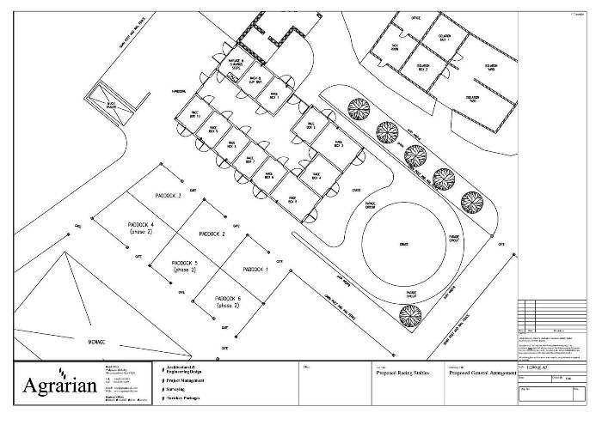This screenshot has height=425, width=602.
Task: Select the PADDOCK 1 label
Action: click(255, 269)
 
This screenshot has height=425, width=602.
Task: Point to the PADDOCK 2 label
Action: click(212, 234)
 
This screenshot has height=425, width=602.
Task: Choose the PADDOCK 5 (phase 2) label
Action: click(184, 265)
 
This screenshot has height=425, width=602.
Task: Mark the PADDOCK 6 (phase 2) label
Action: click(227, 301)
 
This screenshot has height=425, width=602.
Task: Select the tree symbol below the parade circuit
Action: click(403, 316)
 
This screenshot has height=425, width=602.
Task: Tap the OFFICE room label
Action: click(415, 18)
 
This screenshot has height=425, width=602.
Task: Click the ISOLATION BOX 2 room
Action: click(422, 67)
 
